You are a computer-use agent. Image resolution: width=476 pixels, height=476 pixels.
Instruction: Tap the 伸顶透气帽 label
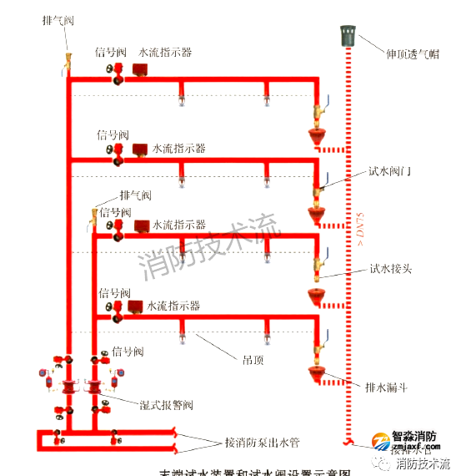pyautogui.click(x=412, y=54)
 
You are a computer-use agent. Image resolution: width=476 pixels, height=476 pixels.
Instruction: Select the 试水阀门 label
pyautogui.click(x=392, y=172)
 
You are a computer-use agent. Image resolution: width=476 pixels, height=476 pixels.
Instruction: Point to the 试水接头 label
pyautogui.click(x=392, y=269)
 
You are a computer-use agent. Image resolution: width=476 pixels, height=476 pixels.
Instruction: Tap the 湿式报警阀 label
pyautogui.click(x=166, y=405)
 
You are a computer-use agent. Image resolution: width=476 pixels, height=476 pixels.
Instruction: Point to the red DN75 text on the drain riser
pyautogui.click(x=361, y=232)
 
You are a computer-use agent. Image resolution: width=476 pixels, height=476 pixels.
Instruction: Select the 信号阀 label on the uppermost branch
pyautogui.click(x=110, y=52)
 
